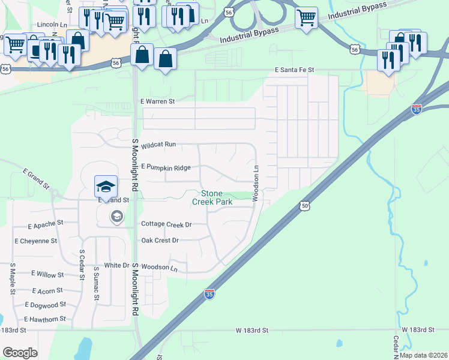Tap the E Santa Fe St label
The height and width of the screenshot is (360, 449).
(x=294, y=70)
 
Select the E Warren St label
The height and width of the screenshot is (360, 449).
(x=157, y=101)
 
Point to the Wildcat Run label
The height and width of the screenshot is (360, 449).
(x=158, y=145)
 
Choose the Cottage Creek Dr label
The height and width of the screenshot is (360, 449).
(x=166, y=224)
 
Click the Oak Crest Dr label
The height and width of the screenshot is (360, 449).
(x=160, y=240)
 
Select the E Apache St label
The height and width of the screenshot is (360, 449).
(x=45, y=223)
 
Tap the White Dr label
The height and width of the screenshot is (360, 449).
(x=116, y=265)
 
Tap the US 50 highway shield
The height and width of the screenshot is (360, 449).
(x=305, y=206)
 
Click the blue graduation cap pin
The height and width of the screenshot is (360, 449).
(x=106, y=186)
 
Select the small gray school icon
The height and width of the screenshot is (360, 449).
(x=116, y=217)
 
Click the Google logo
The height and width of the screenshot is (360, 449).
(x=20, y=353)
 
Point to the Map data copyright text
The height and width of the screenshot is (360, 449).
(x=423, y=355)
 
